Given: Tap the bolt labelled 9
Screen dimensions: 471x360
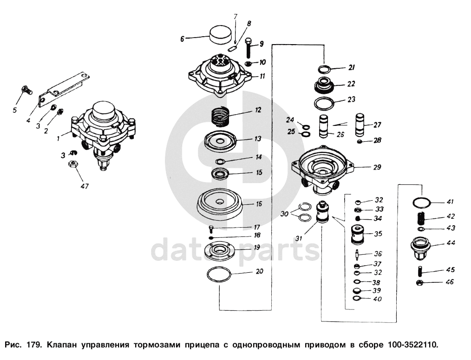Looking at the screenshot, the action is point(249,48).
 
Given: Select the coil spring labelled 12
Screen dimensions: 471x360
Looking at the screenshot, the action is point(221,117).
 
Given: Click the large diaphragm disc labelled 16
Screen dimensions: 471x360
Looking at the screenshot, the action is point(220,206).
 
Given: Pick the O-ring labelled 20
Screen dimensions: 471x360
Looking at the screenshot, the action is point(219,274).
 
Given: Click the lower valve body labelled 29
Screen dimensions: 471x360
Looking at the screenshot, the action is point(322,170).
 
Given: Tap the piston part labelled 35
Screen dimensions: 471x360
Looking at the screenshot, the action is point(358,235).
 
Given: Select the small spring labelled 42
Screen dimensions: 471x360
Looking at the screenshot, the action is point(421,218).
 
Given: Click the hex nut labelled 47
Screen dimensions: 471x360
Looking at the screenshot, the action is point(72,164).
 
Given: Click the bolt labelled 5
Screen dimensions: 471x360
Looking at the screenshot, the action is point(27,90).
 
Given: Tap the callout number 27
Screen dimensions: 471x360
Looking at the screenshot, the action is point(377,124).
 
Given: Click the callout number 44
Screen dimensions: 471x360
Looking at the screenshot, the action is point(450,242).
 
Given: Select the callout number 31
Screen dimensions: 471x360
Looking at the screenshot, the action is point(299,239).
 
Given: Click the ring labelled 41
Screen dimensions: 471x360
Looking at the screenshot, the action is point(422,203).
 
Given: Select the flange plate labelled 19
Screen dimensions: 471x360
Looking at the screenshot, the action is point(219,250).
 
